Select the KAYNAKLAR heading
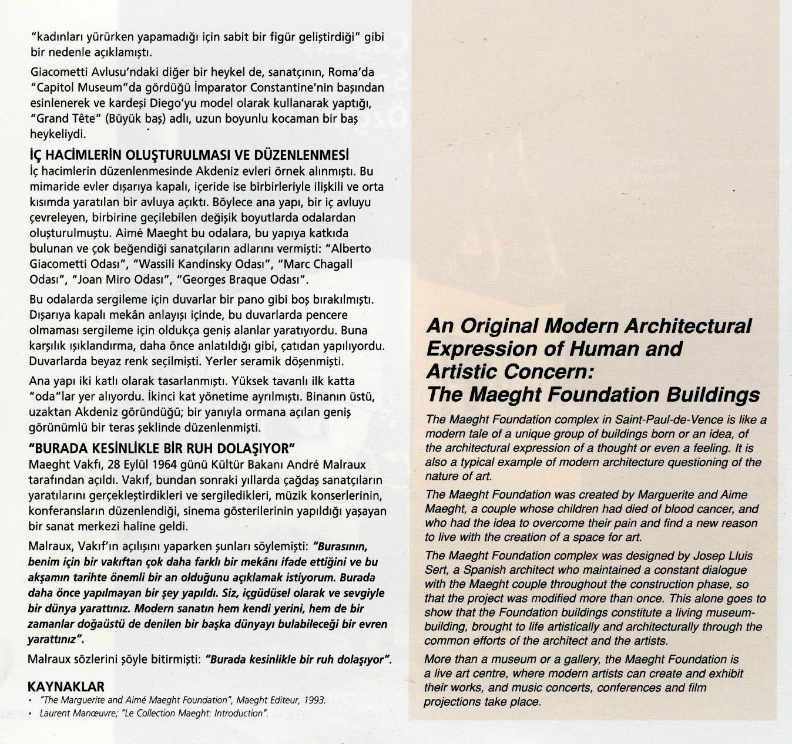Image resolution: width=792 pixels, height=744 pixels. [x=66, y=686]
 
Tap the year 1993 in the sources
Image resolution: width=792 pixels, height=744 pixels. [x=314, y=700]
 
